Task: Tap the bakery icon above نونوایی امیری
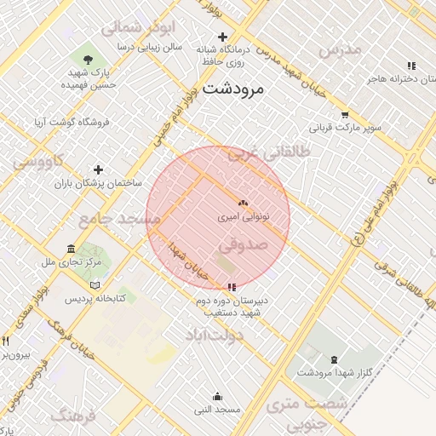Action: [244, 204]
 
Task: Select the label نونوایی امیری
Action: [244, 217]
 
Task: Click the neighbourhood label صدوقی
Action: [243, 244]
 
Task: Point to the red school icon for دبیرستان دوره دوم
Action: [232, 288]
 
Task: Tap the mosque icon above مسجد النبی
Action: [217, 396]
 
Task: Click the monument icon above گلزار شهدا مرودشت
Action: [333, 359]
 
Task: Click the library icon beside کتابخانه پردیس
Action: [95, 284]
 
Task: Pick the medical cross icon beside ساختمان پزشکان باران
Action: [98, 169]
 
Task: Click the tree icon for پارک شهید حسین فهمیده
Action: [89, 59]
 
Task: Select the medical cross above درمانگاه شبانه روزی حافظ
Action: [223, 37]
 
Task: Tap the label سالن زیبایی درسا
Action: [150, 48]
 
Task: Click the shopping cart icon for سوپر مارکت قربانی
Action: [344, 115]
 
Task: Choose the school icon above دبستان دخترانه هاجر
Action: [411, 66]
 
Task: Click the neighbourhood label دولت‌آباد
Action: [215, 336]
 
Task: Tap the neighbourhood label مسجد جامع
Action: [120, 219]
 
